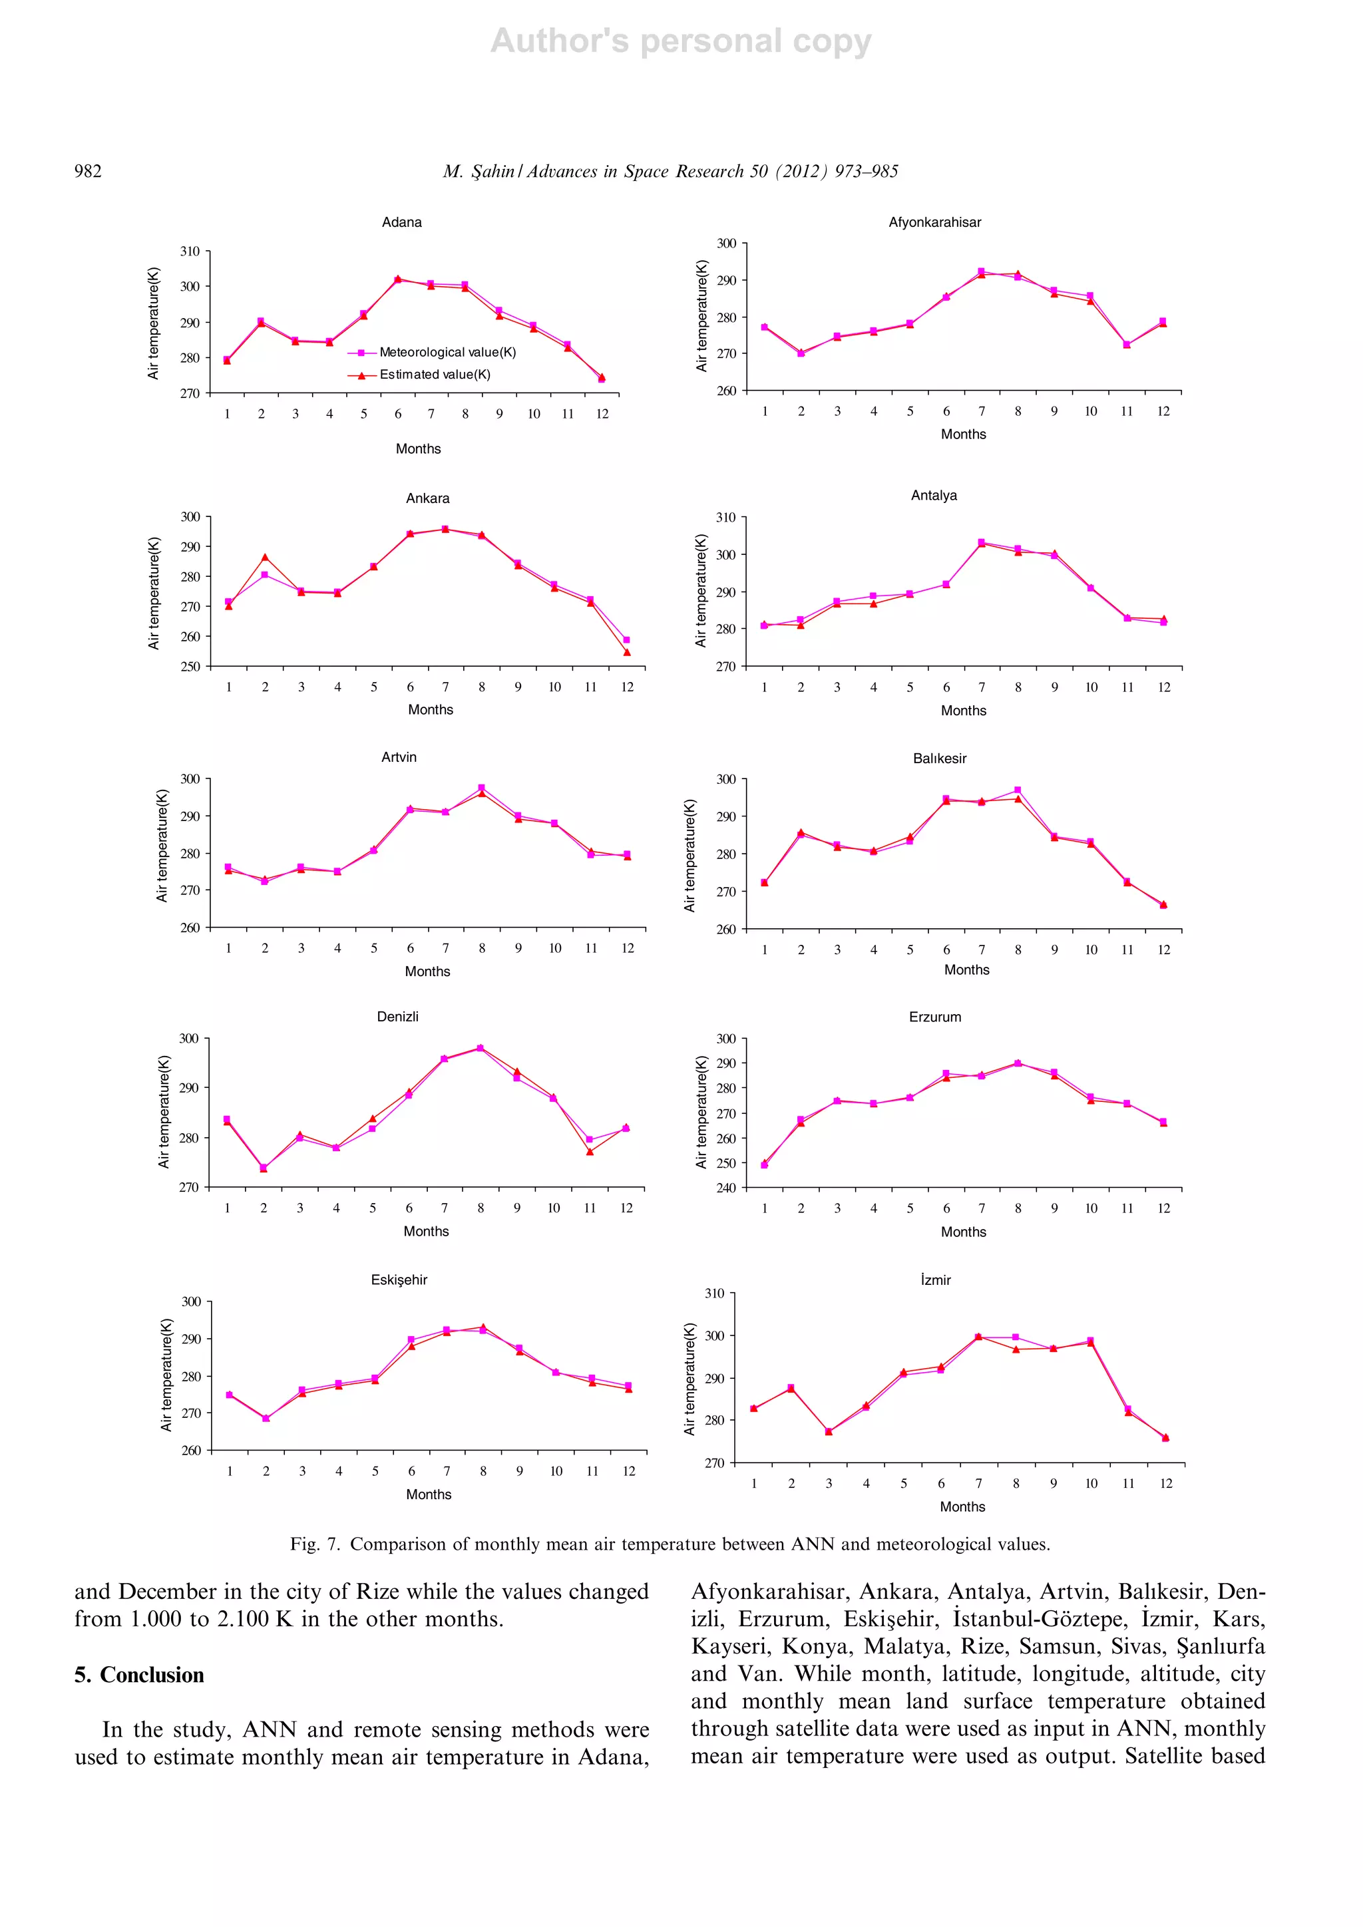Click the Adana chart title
click(401, 222)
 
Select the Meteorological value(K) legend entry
click(447, 353)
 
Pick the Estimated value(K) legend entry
click(434, 375)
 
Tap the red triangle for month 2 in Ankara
click(266, 556)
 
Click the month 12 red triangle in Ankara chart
click(627, 652)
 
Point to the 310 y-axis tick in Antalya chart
click(725, 518)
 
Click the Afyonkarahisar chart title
click(934, 222)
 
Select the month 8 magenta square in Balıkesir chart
click(1017, 790)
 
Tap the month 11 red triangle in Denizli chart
click(590, 1152)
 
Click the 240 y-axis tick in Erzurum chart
click(726, 1188)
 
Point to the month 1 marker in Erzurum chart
click(764, 1164)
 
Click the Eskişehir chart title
click(399, 1280)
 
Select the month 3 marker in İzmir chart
click(829, 1431)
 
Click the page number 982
click(88, 171)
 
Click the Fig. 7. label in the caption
click(314, 1544)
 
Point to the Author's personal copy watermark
click(681, 41)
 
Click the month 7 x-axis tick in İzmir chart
click(978, 1483)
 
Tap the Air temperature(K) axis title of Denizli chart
click(164, 1112)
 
